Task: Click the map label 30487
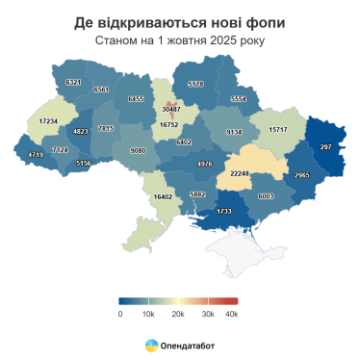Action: [168, 110]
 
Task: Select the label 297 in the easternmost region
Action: [325, 146]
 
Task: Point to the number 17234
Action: [47, 120]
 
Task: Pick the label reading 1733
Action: [224, 211]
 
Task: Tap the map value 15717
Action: [278, 129]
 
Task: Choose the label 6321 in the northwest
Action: [73, 83]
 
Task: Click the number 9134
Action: [233, 131]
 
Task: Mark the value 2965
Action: [301, 175]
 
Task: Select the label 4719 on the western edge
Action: [37, 154]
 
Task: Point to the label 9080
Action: [138, 150]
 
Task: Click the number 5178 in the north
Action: [196, 84]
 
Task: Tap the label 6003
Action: [268, 195]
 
